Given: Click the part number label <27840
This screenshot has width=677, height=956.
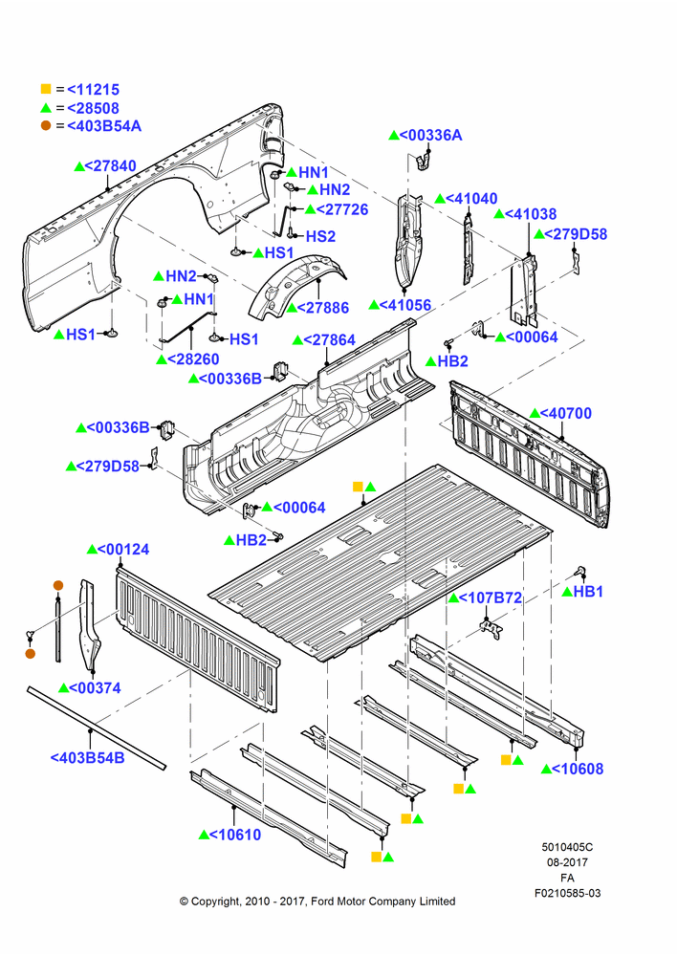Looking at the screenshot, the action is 110,165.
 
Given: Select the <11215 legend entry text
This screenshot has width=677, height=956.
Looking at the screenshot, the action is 94,90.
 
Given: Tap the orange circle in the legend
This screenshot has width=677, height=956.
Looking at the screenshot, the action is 46,125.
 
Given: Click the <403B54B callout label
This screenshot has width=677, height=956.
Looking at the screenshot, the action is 87,758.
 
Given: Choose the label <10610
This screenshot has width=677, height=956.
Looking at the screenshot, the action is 235,835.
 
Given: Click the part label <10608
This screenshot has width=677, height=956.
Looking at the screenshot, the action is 578,769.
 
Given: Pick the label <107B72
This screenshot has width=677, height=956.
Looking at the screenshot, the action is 491,598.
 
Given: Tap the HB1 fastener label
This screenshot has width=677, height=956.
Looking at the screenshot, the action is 589,592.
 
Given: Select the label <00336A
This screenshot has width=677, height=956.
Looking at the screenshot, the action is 430,136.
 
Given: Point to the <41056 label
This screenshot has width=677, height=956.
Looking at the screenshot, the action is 405,305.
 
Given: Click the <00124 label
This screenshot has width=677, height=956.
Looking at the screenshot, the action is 123,550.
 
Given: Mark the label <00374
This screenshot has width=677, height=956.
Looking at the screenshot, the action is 96,687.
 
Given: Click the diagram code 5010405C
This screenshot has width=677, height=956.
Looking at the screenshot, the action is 567,847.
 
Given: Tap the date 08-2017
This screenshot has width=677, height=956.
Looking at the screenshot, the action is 567,862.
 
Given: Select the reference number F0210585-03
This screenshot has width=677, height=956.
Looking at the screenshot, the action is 568,893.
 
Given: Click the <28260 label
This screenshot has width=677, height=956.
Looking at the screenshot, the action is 193,359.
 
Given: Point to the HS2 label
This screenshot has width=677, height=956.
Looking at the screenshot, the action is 321,236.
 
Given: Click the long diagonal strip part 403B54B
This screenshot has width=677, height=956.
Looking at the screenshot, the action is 97,728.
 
